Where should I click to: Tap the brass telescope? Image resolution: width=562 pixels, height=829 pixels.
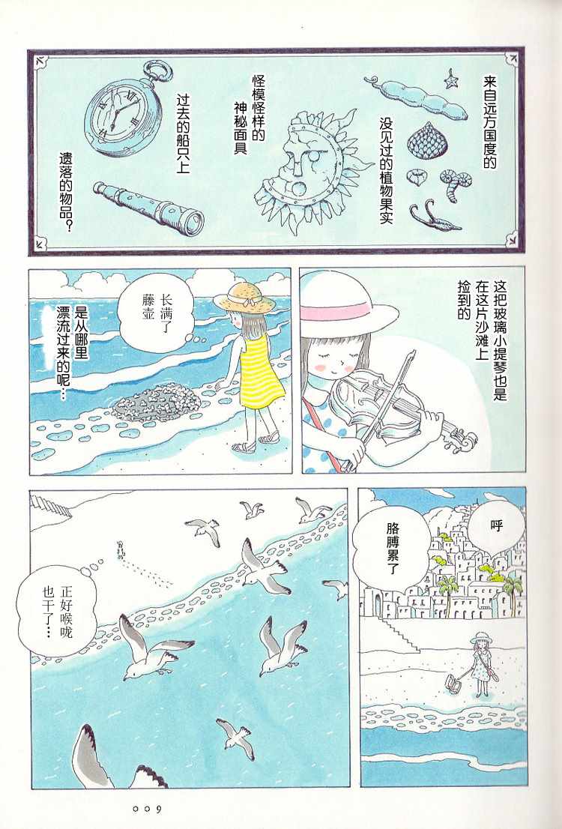148,208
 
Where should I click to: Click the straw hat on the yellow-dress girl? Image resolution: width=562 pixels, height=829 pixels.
245,297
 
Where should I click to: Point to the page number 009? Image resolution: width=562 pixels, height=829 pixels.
148,810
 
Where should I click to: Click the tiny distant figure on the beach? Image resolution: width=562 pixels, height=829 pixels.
121,550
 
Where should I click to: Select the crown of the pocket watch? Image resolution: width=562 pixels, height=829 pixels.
157,70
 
